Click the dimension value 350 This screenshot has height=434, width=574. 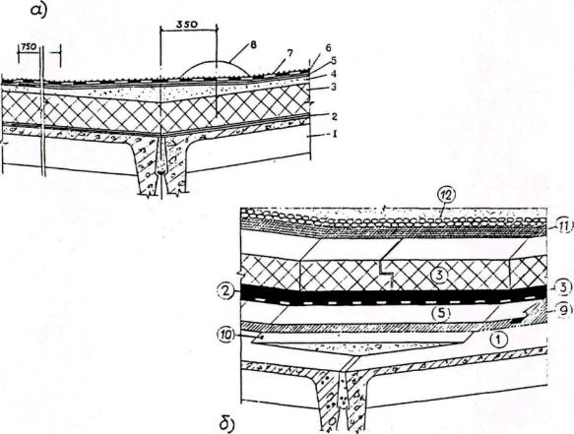click(187, 25)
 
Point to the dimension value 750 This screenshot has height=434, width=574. click(29, 48)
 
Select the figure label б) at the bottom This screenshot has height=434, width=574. click(227, 424)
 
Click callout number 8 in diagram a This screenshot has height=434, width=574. click(253, 45)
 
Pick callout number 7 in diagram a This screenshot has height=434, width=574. click(289, 53)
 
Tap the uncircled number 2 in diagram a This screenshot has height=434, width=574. click(334, 117)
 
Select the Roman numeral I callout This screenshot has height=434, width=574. click(334, 136)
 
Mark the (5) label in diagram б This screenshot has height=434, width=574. click(441, 313)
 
